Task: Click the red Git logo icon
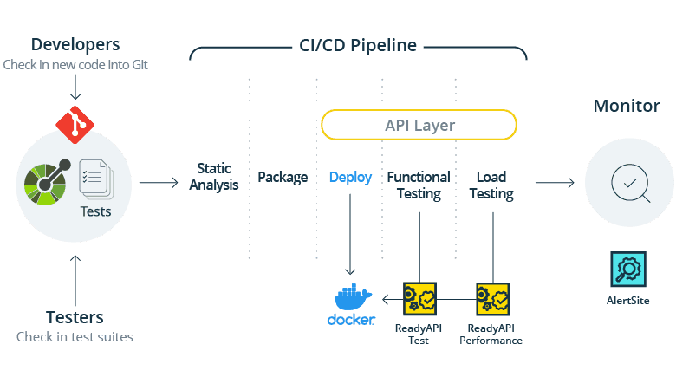coord(75,124)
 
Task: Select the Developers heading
coord(75,44)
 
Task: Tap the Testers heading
coord(75,317)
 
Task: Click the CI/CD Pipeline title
coord(353,45)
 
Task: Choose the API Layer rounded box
coord(419,126)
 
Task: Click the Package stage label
coord(283,178)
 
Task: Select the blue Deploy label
coord(350,178)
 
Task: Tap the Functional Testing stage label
coord(419,185)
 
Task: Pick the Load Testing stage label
coord(491,185)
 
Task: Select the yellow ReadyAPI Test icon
coord(419,298)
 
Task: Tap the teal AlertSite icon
coord(627,270)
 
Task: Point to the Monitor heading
coord(627,107)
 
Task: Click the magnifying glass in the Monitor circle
coord(626,183)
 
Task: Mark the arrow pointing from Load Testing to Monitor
coord(555,183)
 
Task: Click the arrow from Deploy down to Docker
coord(350,234)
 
